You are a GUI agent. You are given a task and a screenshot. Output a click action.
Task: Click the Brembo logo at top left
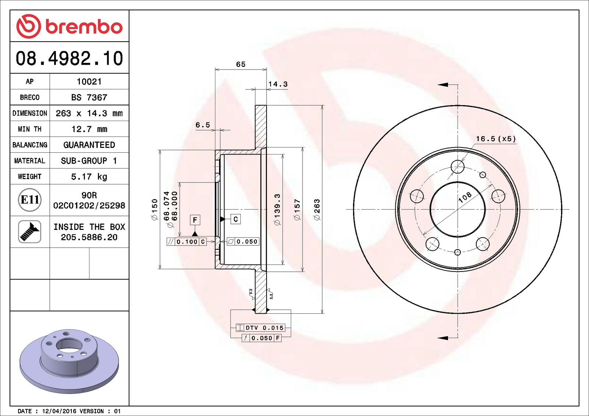(69, 26)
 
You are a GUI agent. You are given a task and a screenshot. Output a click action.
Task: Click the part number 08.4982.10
(69, 58)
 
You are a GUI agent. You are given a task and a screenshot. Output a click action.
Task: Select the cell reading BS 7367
(89, 97)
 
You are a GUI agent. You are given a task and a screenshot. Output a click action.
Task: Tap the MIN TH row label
(29, 129)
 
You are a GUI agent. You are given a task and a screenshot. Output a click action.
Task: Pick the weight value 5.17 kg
(89, 177)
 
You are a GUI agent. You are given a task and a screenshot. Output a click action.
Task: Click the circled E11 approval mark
(29, 200)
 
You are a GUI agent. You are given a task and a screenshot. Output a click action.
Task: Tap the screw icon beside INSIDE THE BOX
(29, 232)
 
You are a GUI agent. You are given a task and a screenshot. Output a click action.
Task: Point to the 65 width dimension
(241, 64)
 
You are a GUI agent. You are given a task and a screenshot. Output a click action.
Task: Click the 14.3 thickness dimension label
(278, 84)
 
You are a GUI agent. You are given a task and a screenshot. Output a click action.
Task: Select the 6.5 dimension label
(202, 125)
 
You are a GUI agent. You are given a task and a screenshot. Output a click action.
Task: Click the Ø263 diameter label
(317, 210)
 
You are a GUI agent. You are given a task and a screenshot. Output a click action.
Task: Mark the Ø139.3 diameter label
(277, 210)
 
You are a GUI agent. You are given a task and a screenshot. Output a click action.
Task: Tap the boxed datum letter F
(195, 220)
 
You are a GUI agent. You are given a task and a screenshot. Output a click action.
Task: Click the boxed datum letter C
(236, 219)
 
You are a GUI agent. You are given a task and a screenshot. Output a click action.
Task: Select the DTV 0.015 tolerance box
(261, 328)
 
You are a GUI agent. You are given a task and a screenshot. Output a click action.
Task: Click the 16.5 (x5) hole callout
(495, 139)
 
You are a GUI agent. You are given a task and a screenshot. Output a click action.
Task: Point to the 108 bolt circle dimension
(465, 197)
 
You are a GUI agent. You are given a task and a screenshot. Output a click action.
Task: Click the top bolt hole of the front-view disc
(458, 167)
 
